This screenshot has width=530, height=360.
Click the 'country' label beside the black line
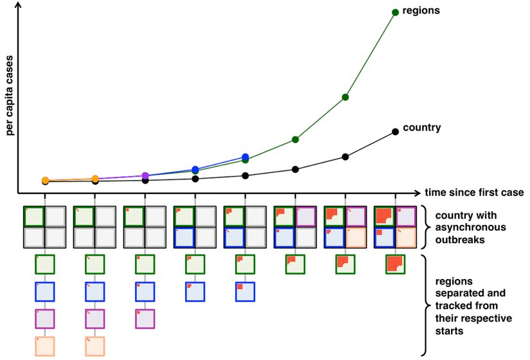coord(421,127)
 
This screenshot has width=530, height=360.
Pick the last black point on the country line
coord(396,131)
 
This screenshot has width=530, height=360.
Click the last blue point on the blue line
coord(245,157)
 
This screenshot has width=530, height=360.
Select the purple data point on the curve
coord(145,175)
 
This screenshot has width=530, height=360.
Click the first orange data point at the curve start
coord(46,181)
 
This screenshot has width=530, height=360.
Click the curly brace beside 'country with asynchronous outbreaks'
coord(425,227)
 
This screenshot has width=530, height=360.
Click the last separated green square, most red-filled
coord(395,264)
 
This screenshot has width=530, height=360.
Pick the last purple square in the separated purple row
coord(145,319)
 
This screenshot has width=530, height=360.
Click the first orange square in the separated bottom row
coord(45,346)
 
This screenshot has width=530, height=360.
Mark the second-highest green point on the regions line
coord(346,97)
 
